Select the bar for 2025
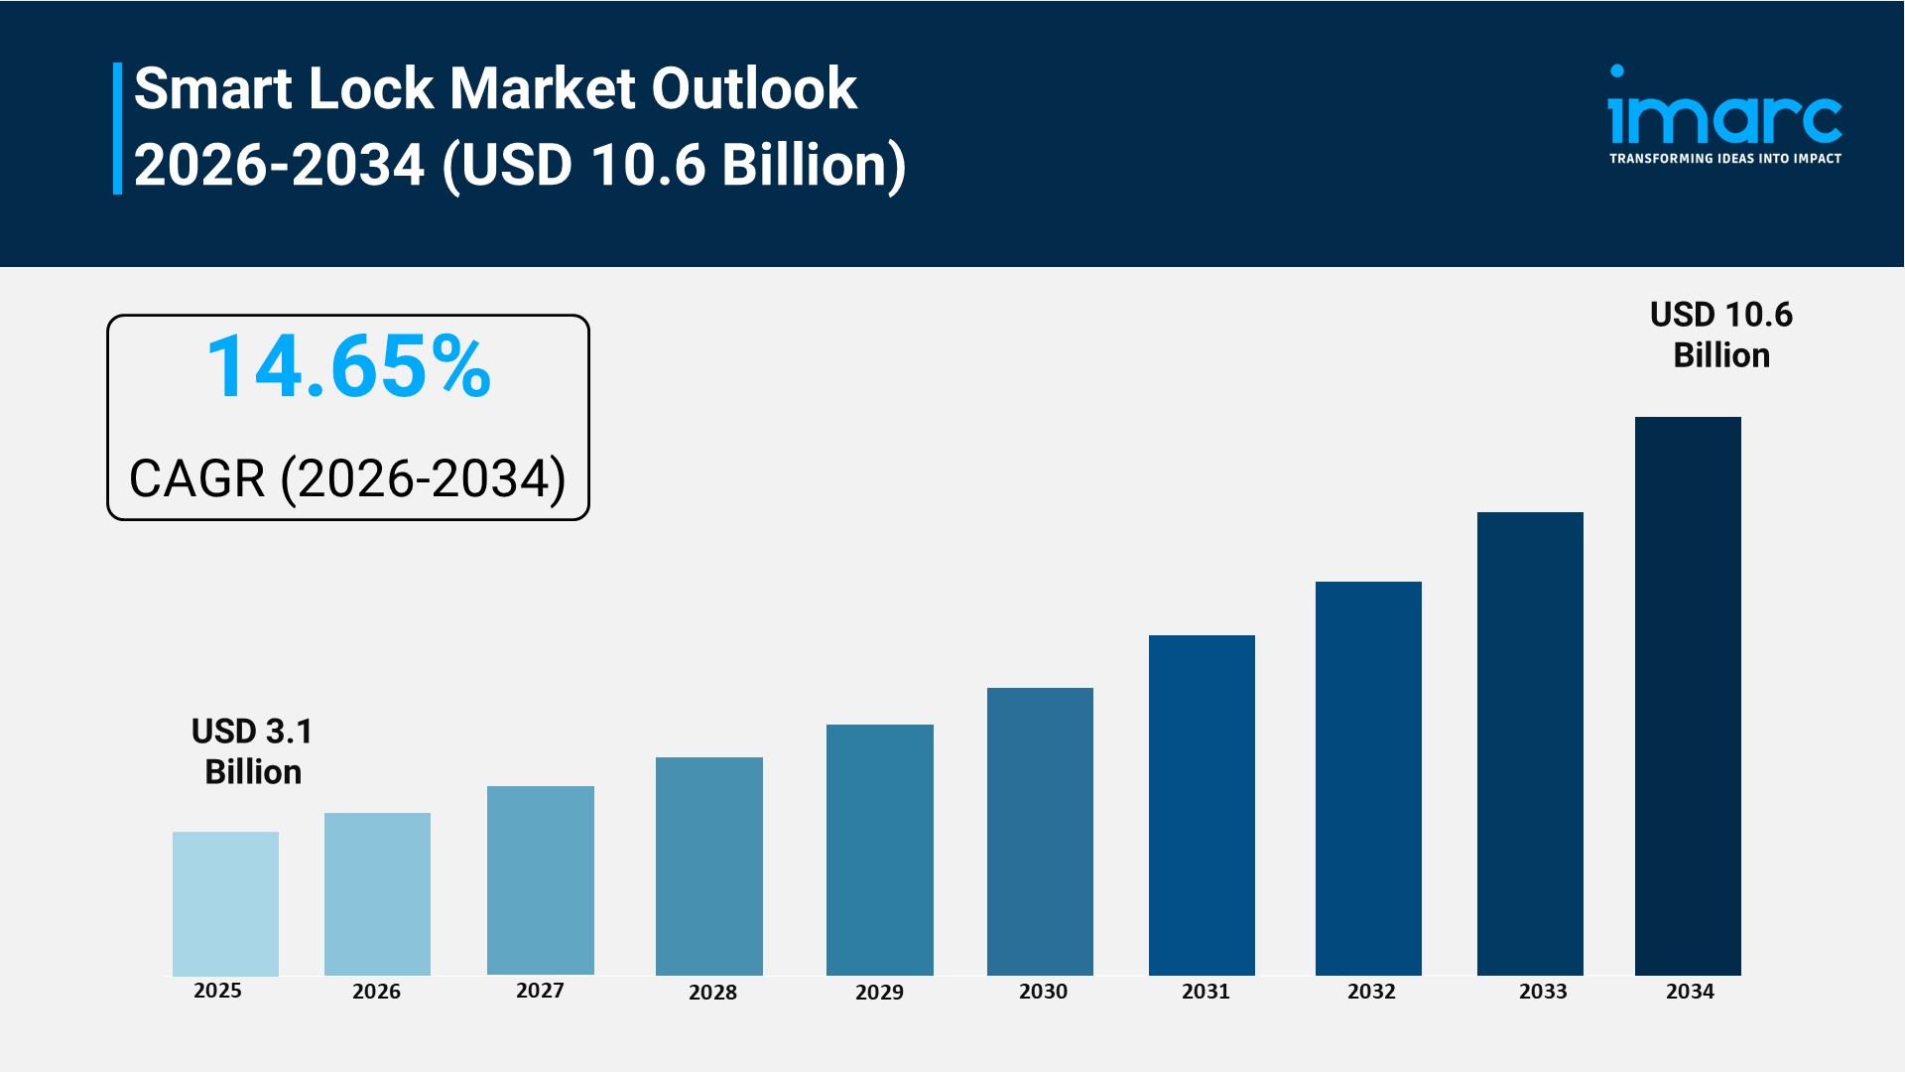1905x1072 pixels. (225, 903)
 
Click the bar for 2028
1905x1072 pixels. (708, 866)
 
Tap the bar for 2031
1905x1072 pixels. (1202, 805)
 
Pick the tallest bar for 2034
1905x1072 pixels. (1688, 695)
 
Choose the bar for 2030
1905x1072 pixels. (1040, 831)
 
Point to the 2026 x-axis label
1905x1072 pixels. (376, 992)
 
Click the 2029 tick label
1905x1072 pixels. (879, 993)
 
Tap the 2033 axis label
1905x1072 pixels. (1543, 992)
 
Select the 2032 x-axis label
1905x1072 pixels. (1371, 992)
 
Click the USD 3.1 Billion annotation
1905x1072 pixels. (252, 751)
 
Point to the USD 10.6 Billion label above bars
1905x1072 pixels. (1720, 335)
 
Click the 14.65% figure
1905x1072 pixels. (348, 367)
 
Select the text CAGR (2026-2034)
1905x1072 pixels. (347, 478)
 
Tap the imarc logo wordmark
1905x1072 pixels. (1724, 119)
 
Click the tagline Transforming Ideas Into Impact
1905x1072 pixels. (1724, 159)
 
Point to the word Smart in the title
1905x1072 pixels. (213, 88)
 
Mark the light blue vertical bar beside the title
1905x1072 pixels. (117, 128)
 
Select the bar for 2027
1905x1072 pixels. (540, 880)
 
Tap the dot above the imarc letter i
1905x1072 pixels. (1617, 71)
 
